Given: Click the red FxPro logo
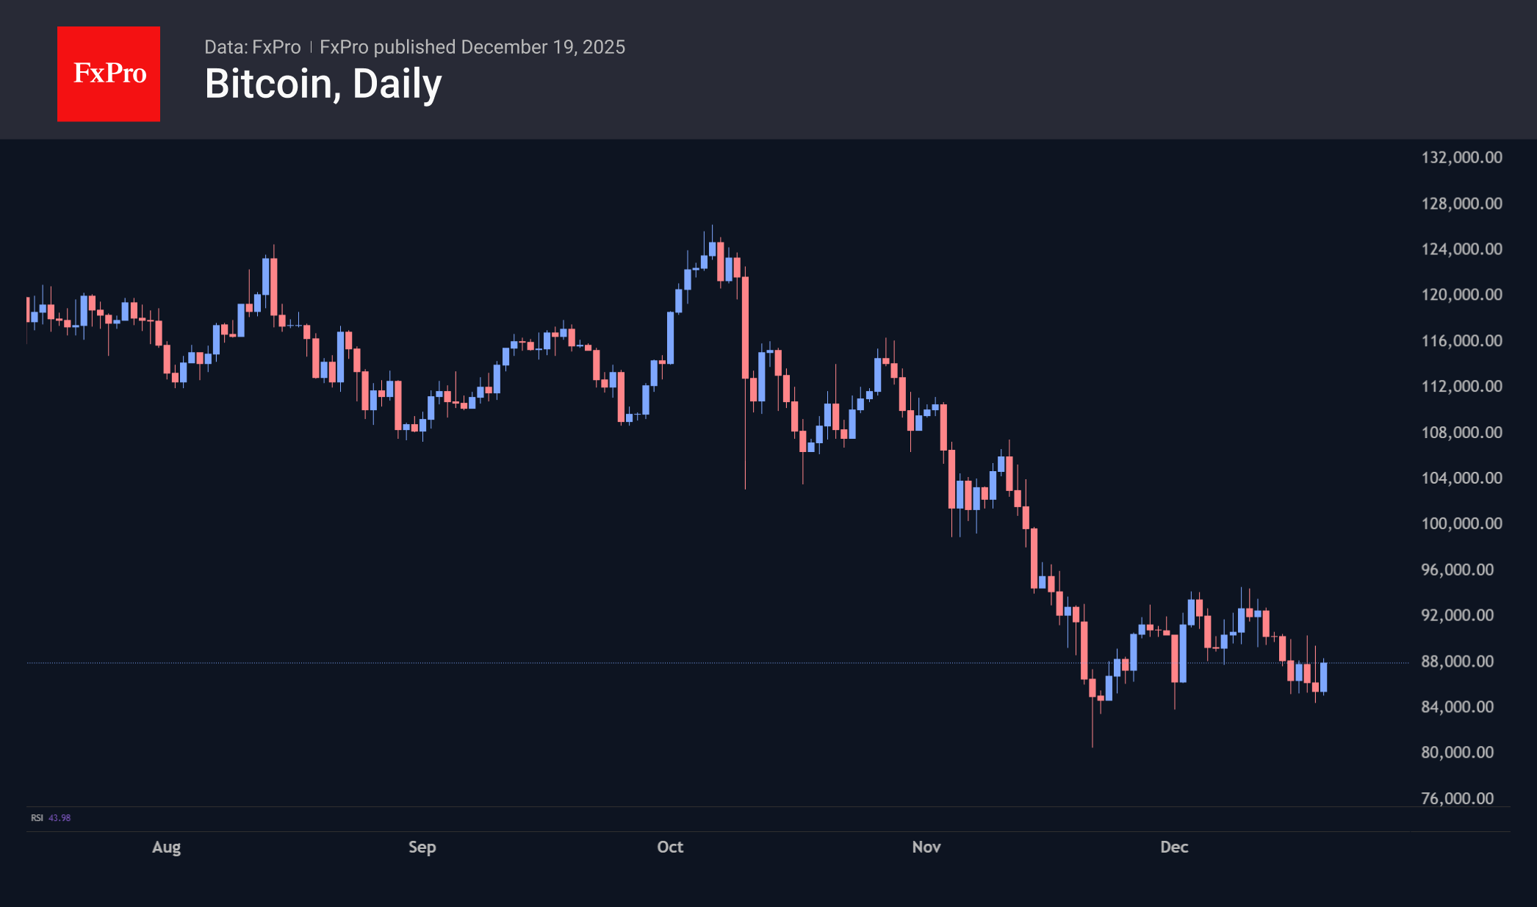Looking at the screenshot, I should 109,74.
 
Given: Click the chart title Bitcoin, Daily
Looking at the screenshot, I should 323,84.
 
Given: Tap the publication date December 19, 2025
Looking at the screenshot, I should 543,47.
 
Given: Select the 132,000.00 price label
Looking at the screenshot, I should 1461,157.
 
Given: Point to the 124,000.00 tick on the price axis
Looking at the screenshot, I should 1461,249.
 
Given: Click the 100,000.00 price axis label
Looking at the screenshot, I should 1461,523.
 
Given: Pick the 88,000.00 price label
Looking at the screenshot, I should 1457,662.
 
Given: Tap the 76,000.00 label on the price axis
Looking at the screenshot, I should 1457,798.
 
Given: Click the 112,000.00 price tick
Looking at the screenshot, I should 1461,386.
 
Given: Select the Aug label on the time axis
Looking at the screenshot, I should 166,847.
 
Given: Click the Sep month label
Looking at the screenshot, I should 422,847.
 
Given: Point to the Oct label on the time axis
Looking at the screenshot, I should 670,847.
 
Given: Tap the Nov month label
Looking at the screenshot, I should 926,847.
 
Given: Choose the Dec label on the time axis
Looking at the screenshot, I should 1174,847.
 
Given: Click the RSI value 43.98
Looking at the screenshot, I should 60,818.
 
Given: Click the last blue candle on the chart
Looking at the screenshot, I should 1324,676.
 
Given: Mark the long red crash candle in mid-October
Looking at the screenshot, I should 745,327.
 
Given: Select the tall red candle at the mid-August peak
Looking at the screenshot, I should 274,287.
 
